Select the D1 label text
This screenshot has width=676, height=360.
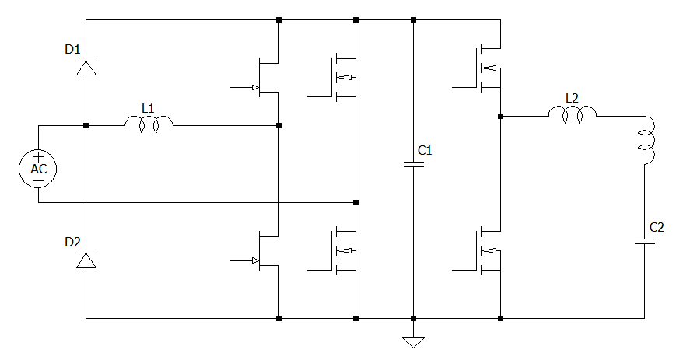click(72, 50)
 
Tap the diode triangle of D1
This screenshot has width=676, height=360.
click(86, 68)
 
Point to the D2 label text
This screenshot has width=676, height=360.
click(72, 243)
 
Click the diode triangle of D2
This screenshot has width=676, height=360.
click(86, 260)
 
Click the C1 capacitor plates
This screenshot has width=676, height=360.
click(413, 164)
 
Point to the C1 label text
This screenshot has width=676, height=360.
click(425, 150)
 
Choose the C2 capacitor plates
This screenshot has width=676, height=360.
click(645, 240)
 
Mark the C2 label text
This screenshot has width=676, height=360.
click(657, 227)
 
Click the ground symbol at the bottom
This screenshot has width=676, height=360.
click(413, 341)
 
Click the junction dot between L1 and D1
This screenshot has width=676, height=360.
click(86, 125)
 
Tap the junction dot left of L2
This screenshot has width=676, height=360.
click(500, 117)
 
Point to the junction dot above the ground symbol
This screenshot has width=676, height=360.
click(413, 318)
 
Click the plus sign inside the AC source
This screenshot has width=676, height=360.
click(37, 158)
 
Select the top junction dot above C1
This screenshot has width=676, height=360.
click(413, 19)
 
